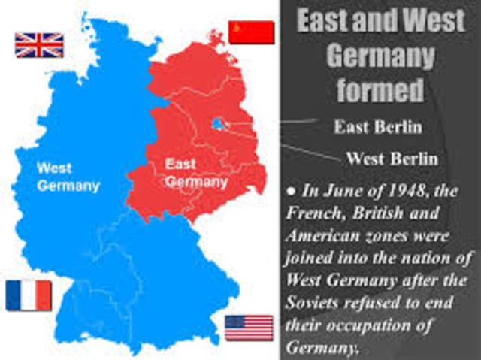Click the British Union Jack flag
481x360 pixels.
click(39, 44)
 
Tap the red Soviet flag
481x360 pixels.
click(251, 33)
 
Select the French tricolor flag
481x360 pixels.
click(29, 295)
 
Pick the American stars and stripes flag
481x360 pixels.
click(249, 328)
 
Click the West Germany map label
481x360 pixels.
click(68, 175)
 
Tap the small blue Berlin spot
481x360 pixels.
click(218, 123)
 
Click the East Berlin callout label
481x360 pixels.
click(377, 126)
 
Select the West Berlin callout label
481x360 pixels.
click(392, 159)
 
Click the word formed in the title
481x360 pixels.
click(379, 90)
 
